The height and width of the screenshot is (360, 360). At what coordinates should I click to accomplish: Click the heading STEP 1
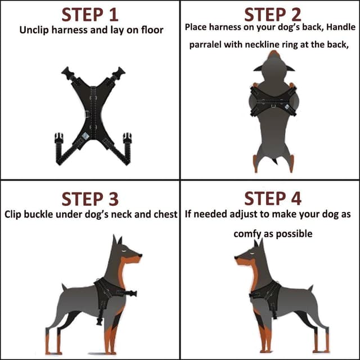tap(90, 13)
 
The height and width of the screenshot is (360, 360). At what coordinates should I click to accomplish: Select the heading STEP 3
tap(90, 199)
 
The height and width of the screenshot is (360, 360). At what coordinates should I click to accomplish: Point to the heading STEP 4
tap(272, 199)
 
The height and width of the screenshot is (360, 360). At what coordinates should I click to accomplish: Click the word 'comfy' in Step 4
tap(246, 233)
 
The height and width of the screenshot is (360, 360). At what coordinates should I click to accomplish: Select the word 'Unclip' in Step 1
tap(34, 30)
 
